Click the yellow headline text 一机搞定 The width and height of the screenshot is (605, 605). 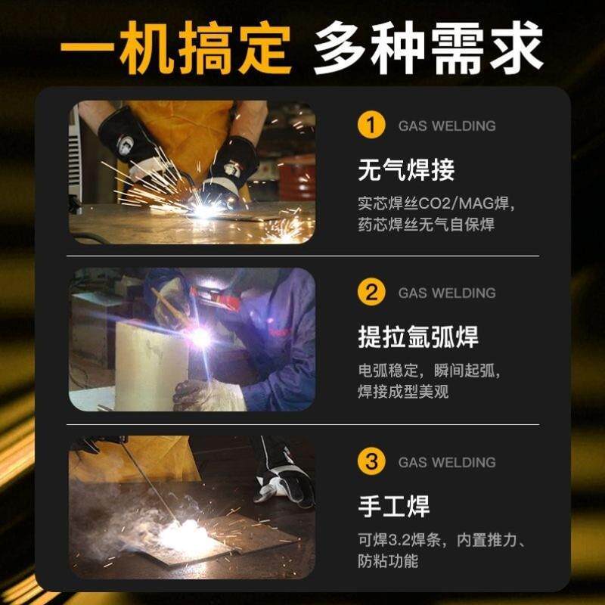(175, 47)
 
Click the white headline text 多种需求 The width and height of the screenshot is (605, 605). (428, 47)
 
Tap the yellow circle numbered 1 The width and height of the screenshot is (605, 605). (371, 125)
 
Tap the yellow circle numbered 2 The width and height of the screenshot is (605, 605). (371, 293)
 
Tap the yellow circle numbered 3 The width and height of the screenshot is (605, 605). (371, 461)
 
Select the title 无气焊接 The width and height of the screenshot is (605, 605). (406, 169)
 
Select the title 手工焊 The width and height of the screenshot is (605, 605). (394, 506)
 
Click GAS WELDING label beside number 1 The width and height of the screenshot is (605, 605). (447, 126)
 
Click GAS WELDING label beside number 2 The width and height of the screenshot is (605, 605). (447, 293)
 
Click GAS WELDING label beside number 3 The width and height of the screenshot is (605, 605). (447, 462)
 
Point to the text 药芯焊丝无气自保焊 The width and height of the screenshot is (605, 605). (427, 225)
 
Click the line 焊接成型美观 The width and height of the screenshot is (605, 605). (404, 392)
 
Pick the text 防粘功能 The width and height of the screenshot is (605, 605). (388, 561)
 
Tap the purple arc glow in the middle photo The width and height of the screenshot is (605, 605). (200, 337)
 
